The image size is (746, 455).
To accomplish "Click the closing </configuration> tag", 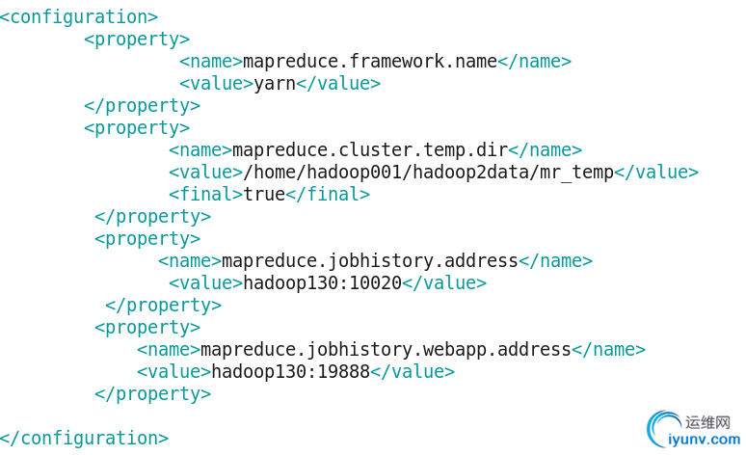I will [84, 438].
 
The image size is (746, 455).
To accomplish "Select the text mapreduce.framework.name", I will [370, 62].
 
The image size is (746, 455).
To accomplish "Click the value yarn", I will [275, 84].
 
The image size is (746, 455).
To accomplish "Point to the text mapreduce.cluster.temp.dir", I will [370, 150].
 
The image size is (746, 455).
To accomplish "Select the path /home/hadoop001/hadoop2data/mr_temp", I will [429, 173].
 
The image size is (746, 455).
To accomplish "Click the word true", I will [265, 195].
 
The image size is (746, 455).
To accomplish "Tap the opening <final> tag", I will [206, 195].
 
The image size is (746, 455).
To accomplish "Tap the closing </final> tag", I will [328, 195].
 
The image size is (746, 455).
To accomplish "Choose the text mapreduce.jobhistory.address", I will [370, 261].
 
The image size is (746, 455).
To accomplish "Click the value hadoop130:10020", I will [323, 283].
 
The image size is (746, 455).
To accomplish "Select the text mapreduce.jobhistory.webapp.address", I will [386, 350].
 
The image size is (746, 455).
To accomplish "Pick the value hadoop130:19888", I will [291, 372].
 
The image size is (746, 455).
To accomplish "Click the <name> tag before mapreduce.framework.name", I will [211, 62].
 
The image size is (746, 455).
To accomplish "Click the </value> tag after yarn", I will [338, 84].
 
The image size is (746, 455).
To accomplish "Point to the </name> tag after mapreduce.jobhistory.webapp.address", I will [609, 350].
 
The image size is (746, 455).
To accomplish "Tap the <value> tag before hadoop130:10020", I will [206, 283].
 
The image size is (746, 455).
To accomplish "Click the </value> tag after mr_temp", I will [656, 173].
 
